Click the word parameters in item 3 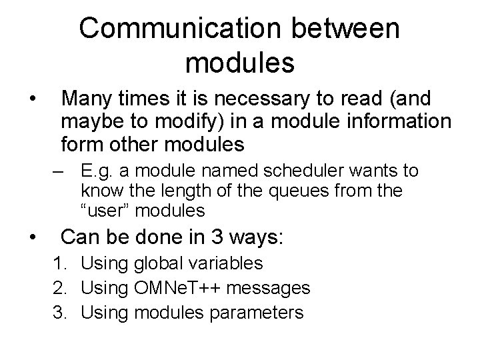(259, 312)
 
